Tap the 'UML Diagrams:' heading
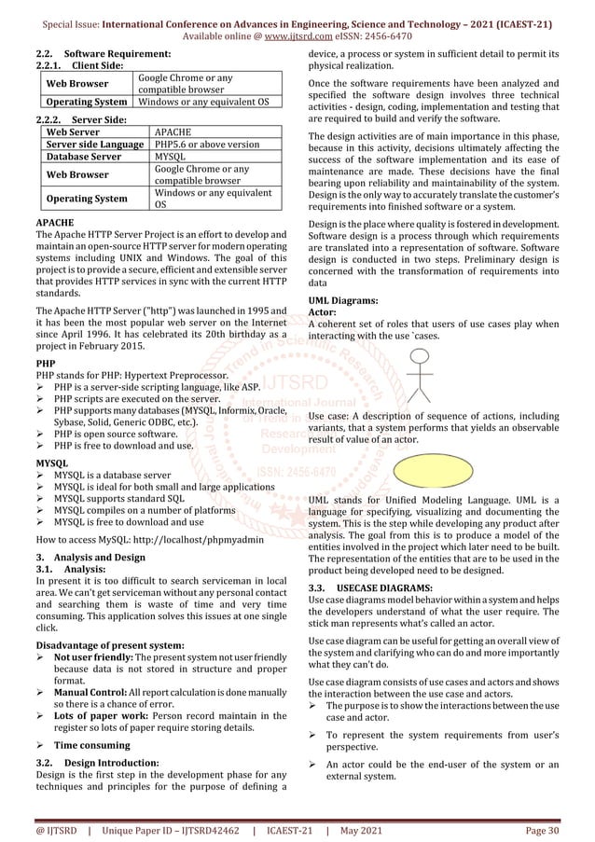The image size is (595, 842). coord(343,301)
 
